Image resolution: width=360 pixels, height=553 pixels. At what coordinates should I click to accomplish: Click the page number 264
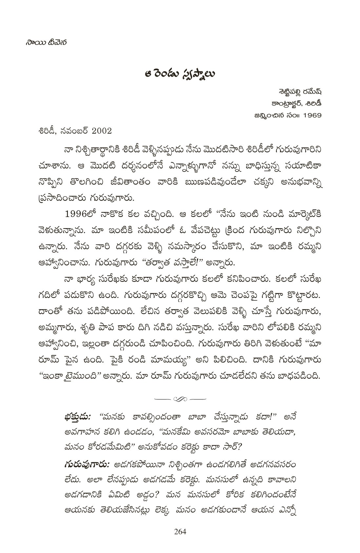180,531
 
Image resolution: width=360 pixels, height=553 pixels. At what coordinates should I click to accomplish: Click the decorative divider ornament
180,399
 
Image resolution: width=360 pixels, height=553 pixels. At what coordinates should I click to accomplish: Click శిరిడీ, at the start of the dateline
49,131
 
